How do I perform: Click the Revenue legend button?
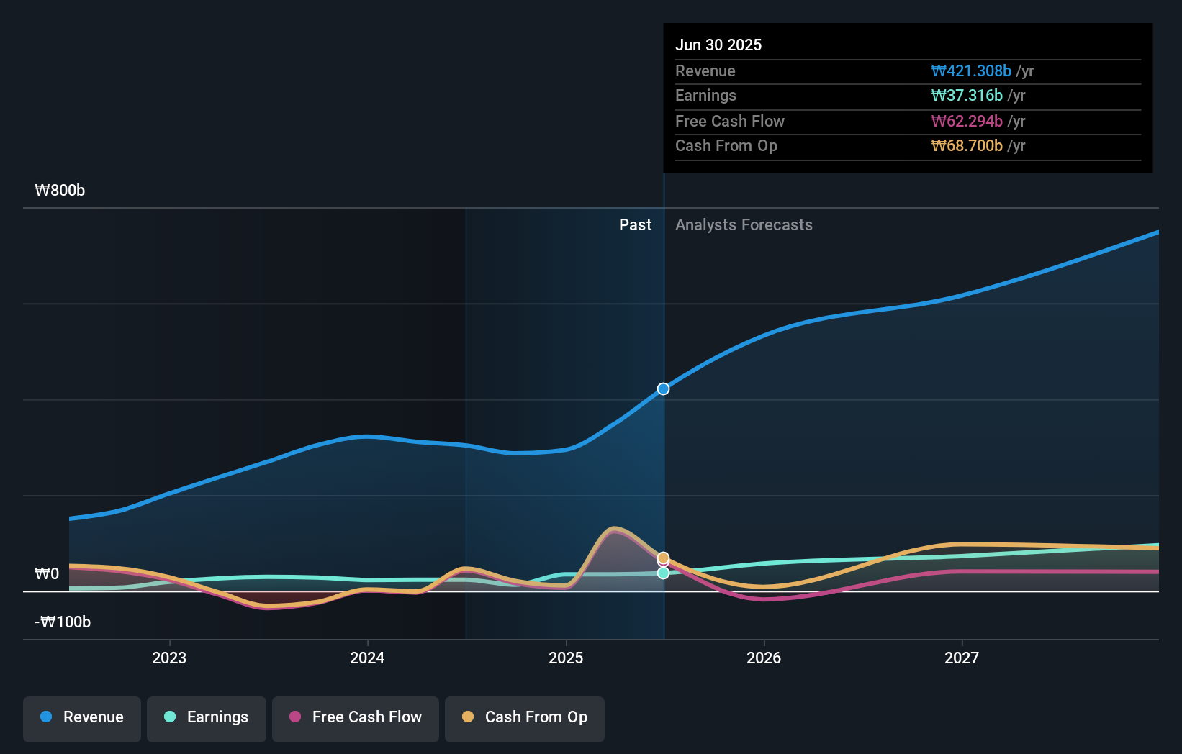pyautogui.click(x=82, y=718)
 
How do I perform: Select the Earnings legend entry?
pyautogui.click(x=207, y=718)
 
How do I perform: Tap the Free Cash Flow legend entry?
pyautogui.click(x=356, y=718)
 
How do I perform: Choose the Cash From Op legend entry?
pyautogui.click(x=525, y=718)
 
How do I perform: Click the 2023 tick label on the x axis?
pyautogui.click(x=169, y=658)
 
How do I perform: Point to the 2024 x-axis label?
pyautogui.click(x=367, y=658)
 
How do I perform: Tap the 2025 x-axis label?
pyautogui.click(x=566, y=658)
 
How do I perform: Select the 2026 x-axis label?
pyautogui.click(x=764, y=658)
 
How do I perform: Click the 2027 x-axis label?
pyautogui.click(x=962, y=658)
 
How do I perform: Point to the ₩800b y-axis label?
pyautogui.click(x=60, y=190)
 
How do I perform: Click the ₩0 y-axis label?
pyautogui.click(x=47, y=573)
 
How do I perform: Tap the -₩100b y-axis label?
pyautogui.click(x=63, y=622)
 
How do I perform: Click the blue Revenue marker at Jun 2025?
pyautogui.click(x=663, y=389)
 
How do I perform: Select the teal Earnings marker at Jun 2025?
pyautogui.click(x=663, y=573)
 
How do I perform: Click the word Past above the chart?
pyautogui.click(x=635, y=224)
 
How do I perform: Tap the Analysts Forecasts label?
pyautogui.click(x=744, y=224)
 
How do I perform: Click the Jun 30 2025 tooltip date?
pyautogui.click(x=718, y=45)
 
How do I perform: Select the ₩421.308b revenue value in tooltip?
pyautogui.click(x=970, y=71)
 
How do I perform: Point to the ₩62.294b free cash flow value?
pyautogui.click(x=966, y=121)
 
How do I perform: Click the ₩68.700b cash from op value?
pyautogui.click(x=966, y=145)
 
